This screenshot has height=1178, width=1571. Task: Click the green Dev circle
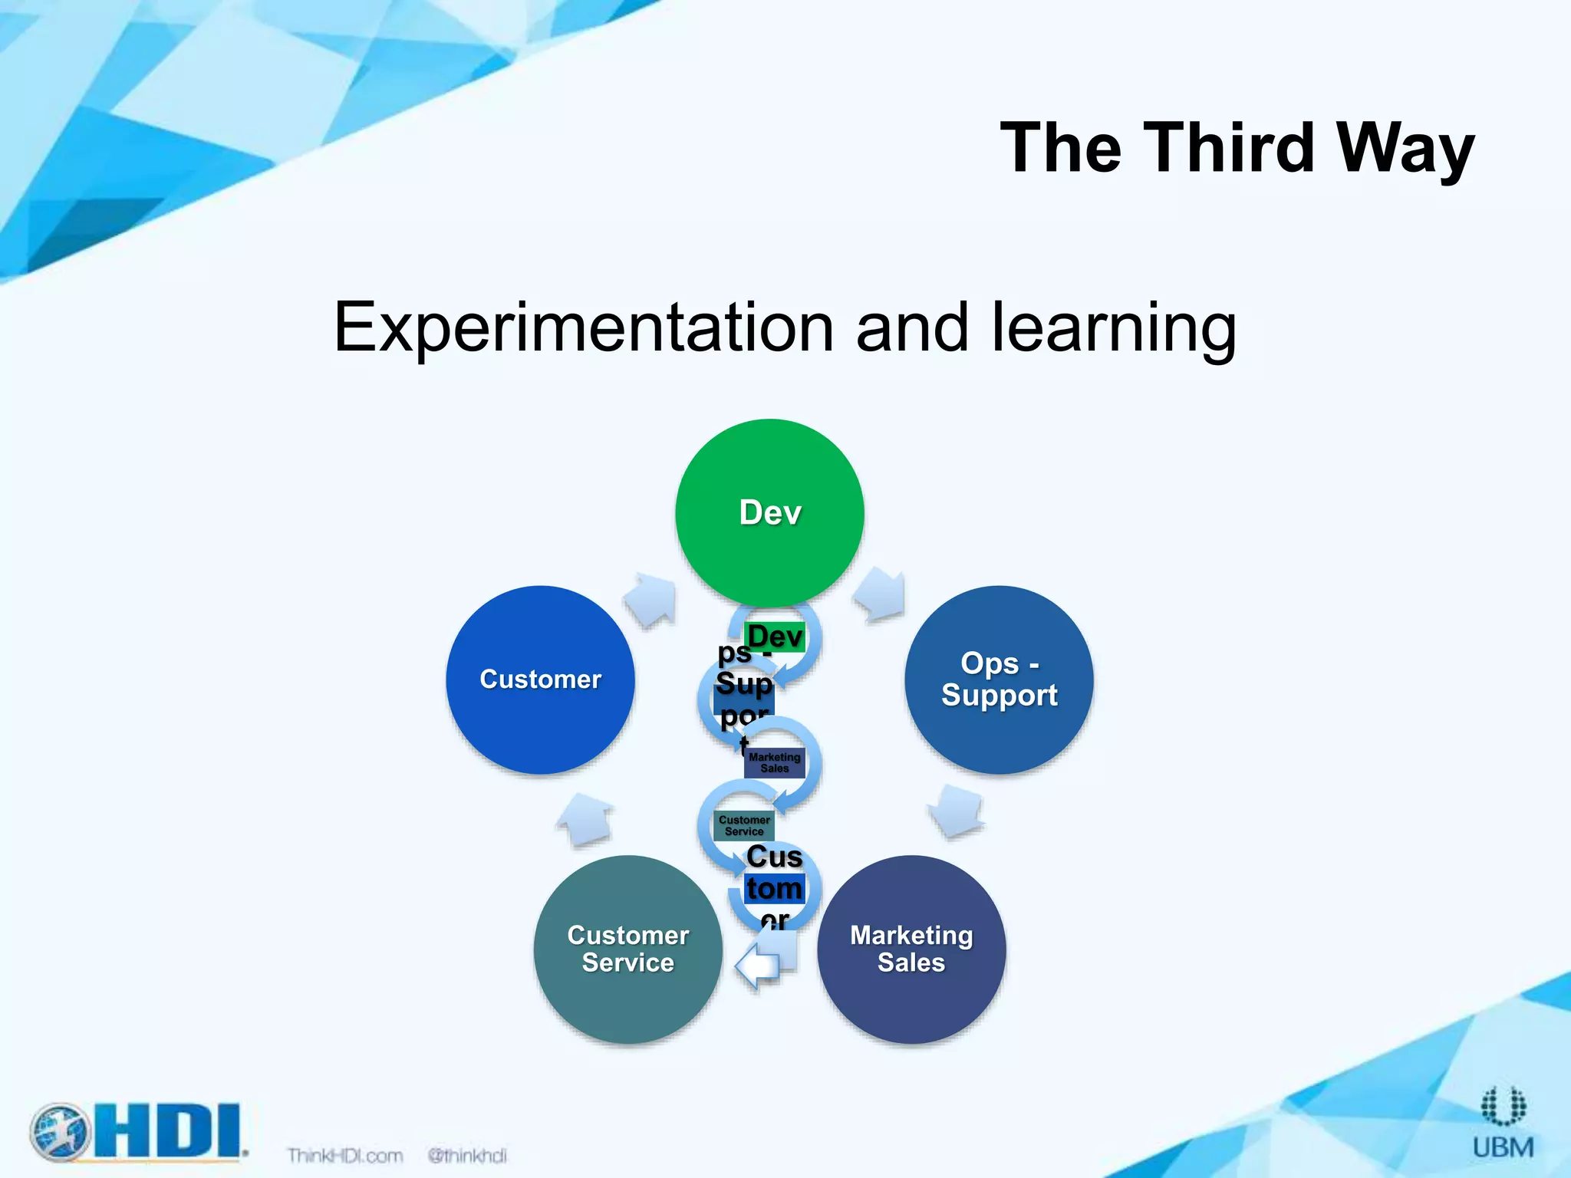[769, 512]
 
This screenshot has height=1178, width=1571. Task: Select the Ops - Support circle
[999, 679]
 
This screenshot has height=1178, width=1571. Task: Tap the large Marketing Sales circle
[911, 949]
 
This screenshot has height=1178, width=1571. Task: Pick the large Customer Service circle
[627, 949]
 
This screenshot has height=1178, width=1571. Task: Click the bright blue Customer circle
[540, 679]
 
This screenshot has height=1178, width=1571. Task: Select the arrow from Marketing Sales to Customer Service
[761, 965]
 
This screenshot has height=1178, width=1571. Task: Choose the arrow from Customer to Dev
[652, 598]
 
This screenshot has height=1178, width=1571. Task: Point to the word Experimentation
[583, 327]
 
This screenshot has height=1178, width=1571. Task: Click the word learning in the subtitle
[1114, 327]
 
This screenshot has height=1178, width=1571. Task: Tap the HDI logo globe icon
[61, 1132]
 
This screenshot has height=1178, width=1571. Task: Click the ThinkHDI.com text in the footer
[345, 1155]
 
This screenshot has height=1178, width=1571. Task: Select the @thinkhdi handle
[467, 1155]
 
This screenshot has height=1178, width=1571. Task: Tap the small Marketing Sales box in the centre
[775, 763]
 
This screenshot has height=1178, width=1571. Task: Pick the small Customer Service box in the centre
[744, 826]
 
